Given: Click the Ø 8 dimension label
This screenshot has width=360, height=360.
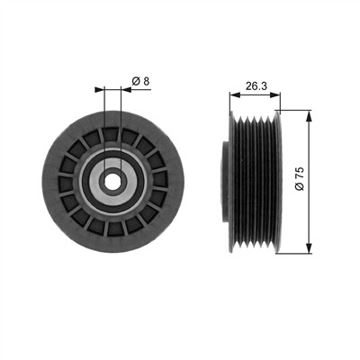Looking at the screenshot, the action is point(140,81).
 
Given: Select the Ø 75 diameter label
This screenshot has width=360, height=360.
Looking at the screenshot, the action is point(300,178).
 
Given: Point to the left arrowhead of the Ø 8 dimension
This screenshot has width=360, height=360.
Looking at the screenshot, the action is point(99,89).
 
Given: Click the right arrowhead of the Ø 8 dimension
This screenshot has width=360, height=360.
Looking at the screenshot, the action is point(126,89).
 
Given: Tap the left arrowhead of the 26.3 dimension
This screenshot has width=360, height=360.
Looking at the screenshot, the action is point(235,95).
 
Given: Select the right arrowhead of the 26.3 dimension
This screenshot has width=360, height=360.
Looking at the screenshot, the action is point(275,95).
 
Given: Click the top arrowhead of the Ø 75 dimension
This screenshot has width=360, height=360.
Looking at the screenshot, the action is point(309,116).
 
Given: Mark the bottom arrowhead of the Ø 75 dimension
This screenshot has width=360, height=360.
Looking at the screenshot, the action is point(309,248).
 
